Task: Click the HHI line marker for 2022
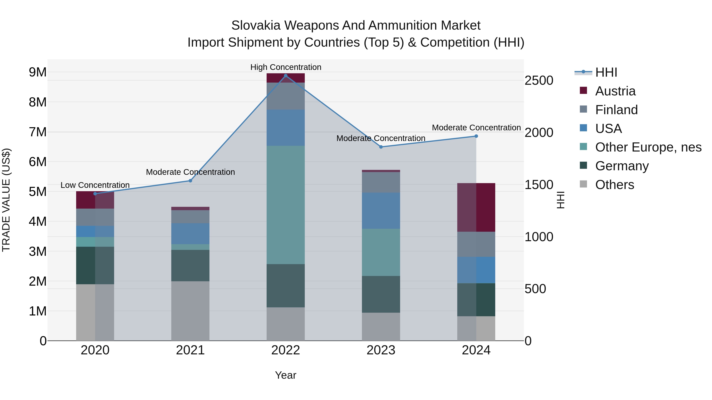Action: click(286, 76)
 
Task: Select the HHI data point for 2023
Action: click(381, 147)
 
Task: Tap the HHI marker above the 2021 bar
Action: click(190, 181)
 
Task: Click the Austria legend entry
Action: click(615, 91)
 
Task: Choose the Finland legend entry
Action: click(616, 110)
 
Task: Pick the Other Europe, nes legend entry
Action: click(648, 147)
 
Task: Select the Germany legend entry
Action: click(622, 166)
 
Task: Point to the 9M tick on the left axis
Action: click(38, 72)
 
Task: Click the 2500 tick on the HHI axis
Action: click(539, 81)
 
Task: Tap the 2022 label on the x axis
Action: click(286, 350)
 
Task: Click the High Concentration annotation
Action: click(286, 67)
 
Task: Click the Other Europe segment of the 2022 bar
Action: click(286, 205)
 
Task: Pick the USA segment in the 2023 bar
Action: click(381, 210)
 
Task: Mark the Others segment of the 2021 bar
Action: click(190, 311)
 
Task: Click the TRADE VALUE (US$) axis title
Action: click(6, 200)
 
